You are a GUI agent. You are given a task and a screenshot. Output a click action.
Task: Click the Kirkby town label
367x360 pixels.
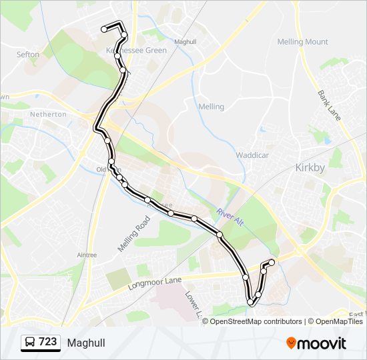point(310,168)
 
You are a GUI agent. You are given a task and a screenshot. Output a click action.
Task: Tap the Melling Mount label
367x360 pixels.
point(302,42)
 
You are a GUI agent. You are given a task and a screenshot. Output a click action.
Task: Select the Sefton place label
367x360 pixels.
point(28,55)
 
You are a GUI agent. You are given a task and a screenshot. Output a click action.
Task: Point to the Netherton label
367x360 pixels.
point(48,114)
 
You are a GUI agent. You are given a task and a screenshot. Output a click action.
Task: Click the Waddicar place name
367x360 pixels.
point(252,155)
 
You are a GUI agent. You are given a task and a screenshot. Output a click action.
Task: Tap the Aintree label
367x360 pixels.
point(87,255)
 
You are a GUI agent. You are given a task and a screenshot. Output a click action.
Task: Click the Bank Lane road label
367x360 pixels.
point(329,105)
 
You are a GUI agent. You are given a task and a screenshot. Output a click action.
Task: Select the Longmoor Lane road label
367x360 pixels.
point(154,283)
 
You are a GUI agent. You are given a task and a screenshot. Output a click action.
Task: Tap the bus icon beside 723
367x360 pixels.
point(29,343)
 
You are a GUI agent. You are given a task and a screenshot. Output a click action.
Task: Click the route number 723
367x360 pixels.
point(47,342)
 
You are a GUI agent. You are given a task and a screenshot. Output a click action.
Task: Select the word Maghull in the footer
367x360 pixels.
point(85,343)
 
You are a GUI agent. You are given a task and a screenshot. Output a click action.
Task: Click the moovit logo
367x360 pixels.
point(316,343)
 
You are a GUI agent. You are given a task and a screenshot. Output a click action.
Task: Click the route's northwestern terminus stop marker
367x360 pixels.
point(104,29)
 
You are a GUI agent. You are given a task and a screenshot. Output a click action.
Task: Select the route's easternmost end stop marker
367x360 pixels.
point(272,262)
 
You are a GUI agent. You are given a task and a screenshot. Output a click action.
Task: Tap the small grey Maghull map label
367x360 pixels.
point(184,41)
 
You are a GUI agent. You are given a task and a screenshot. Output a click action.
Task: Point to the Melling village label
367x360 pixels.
point(211,107)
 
